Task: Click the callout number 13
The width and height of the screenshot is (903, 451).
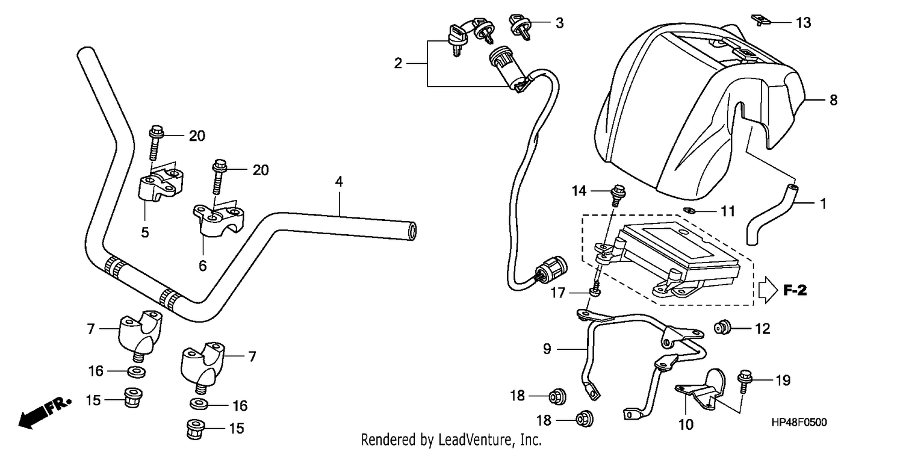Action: [x=803, y=22]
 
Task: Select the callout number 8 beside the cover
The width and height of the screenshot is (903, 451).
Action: [x=834, y=99]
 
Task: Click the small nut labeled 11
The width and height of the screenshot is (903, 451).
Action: [x=690, y=210]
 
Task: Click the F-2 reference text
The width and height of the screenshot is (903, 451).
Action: [x=795, y=290]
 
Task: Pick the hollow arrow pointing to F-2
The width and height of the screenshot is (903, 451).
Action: [x=768, y=290]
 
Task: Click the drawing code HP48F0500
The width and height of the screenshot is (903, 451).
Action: [x=799, y=422]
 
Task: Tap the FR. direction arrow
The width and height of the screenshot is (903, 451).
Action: [x=45, y=413]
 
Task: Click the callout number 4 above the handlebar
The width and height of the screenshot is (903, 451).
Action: [x=339, y=182]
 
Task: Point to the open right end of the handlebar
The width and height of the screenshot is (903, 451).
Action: [x=412, y=231]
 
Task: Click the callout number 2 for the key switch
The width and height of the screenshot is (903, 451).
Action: [x=398, y=63]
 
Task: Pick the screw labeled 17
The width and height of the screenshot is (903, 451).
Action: [x=596, y=291]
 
